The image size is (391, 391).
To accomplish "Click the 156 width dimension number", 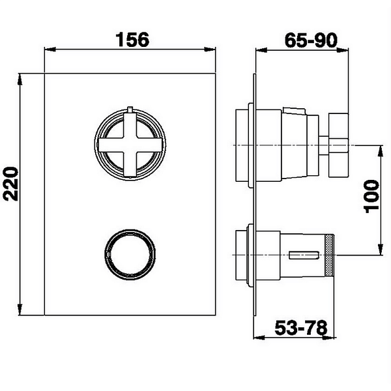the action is pyautogui.click(x=132, y=39).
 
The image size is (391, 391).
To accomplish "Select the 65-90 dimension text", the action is pyautogui.click(x=311, y=40).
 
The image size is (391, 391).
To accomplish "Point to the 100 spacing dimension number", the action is pyautogui.click(x=372, y=197).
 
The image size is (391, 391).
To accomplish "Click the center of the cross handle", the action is pyautogui.click(x=130, y=145).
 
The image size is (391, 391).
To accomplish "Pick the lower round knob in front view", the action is pyautogui.click(x=130, y=254).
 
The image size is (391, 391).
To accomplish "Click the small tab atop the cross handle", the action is pyautogui.click(x=130, y=109).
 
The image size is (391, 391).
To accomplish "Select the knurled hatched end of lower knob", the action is pyautogui.click(x=330, y=255).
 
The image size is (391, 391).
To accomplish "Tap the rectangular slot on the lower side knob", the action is pyautogui.click(x=304, y=255).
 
